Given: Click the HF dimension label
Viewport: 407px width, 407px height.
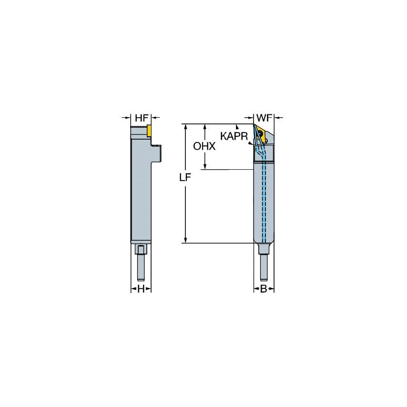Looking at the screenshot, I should tap(141, 117).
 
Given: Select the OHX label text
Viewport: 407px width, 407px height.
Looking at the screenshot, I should tap(204, 146).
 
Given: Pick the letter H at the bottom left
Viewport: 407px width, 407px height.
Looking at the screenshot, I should tap(141, 289).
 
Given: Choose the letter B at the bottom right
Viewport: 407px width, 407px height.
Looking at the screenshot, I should tap(264, 289).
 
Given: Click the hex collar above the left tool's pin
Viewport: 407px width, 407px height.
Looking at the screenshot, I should tap(141, 249).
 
